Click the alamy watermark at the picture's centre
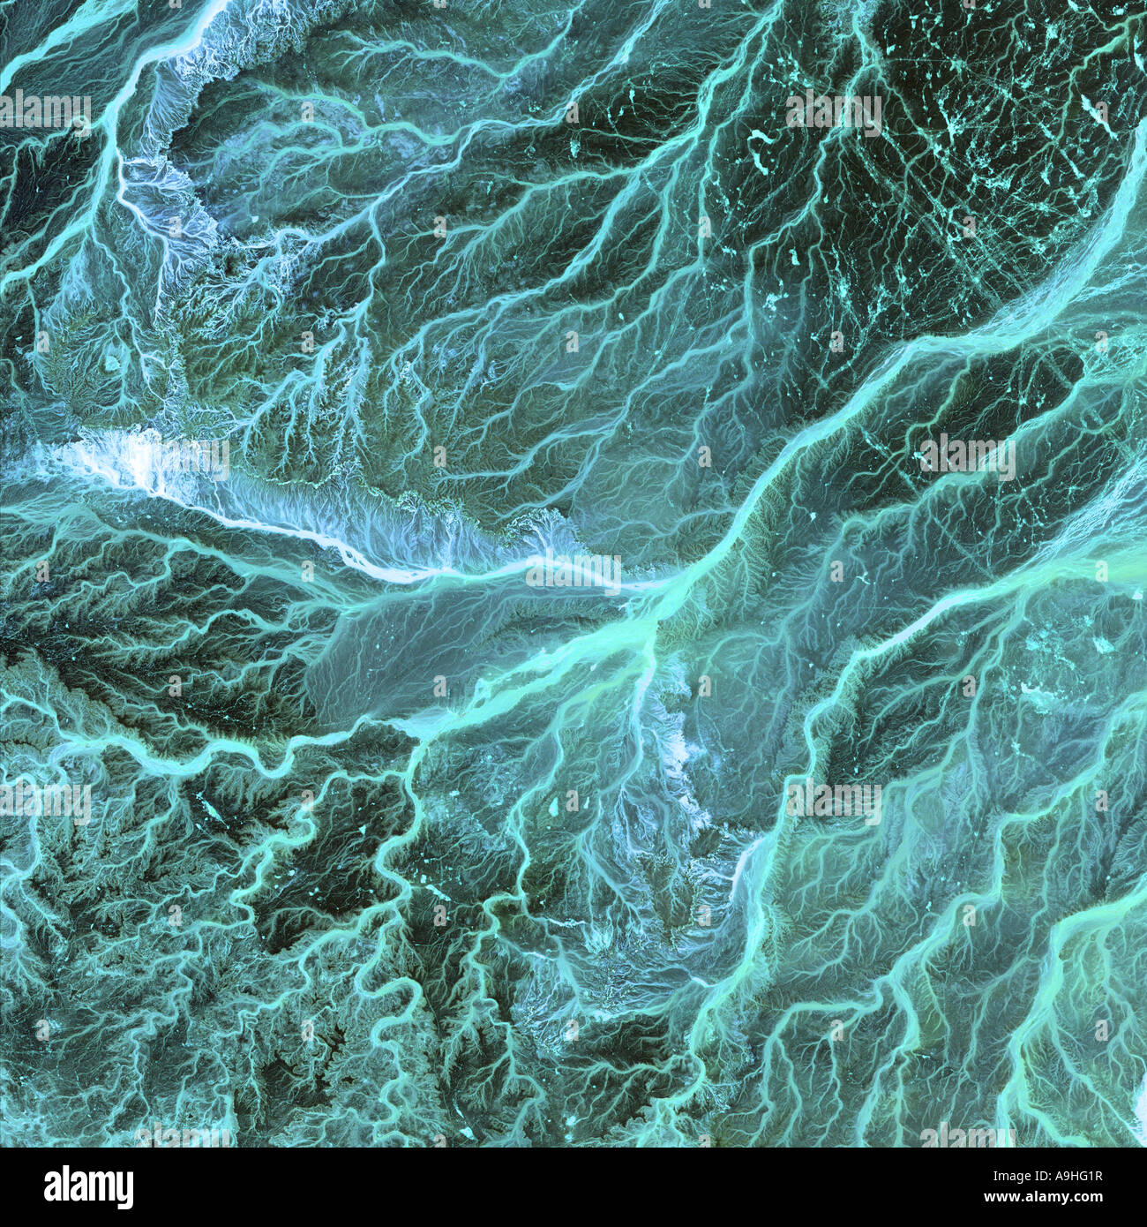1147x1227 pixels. point(573,575)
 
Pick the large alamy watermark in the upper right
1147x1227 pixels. point(834,109)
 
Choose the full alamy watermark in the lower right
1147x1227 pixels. point(834,799)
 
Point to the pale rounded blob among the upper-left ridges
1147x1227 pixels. point(112,359)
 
